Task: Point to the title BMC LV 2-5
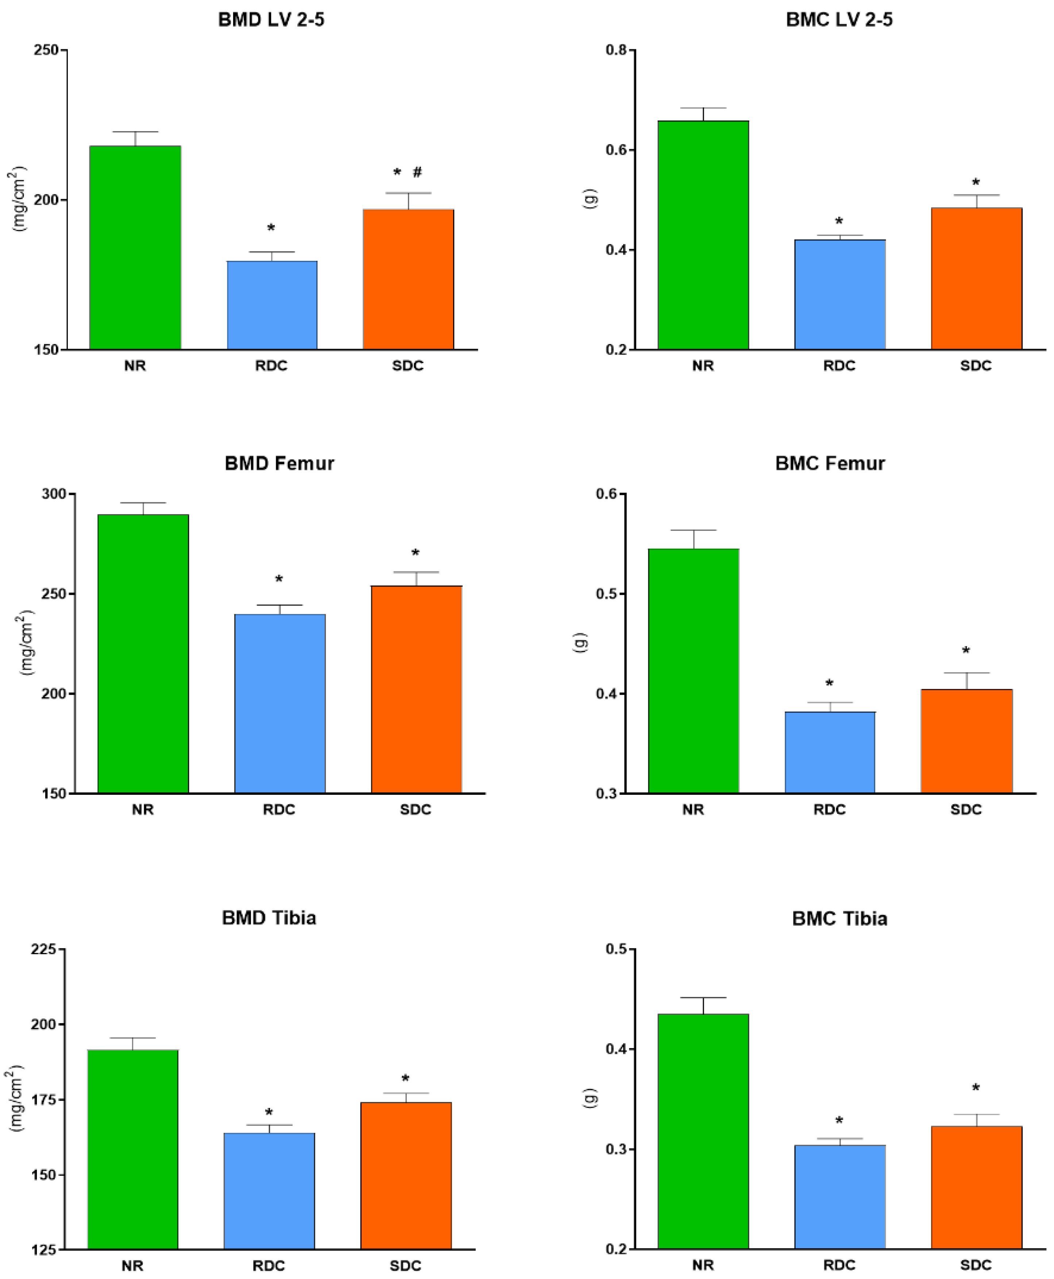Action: (x=839, y=20)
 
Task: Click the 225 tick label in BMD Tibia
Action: (x=44, y=949)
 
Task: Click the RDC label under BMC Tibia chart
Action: (x=839, y=1265)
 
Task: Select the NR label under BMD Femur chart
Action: (x=143, y=810)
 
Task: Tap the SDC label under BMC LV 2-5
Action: (x=975, y=366)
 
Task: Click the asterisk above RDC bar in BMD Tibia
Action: (x=269, y=1113)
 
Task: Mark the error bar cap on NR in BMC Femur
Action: (x=693, y=530)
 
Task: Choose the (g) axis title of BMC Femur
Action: (x=580, y=643)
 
